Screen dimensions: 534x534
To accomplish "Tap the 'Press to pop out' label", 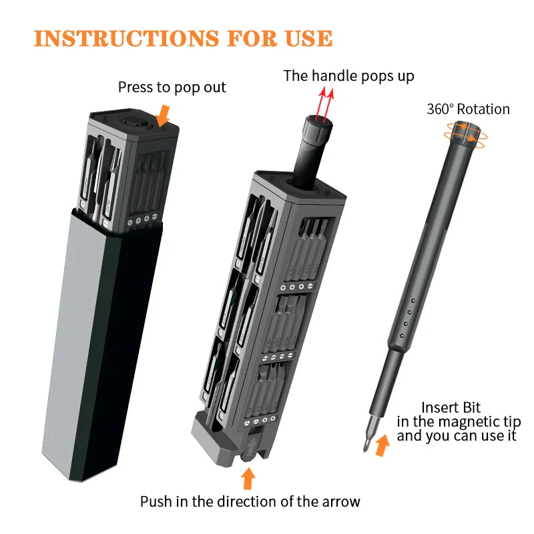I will coord(172,87).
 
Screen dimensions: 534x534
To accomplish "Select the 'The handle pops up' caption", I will coord(348,75).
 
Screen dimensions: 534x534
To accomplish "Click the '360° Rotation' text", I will coord(468,109).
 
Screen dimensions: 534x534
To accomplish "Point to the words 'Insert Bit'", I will coord(451,407).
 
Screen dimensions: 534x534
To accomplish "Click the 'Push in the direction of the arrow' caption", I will coord(250,501).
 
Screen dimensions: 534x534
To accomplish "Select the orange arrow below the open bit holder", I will coord(248,478).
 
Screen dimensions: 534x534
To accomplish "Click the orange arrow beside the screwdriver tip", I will coord(382,445).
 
